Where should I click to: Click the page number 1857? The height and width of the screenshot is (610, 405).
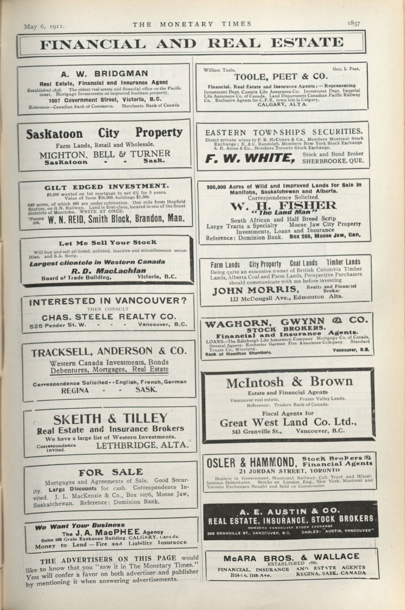click(x=354, y=24)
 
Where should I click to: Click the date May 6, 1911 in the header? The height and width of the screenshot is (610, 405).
click(x=44, y=27)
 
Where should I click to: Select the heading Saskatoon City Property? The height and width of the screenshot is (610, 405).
click(x=104, y=133)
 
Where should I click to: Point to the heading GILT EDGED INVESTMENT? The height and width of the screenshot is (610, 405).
click(x=106, y=187)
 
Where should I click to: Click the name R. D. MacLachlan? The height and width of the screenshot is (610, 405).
click(x=109, y=271)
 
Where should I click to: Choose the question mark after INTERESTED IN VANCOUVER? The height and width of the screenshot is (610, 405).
click(x=183, y=301)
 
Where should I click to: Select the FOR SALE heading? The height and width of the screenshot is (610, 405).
click(x=110, y=472)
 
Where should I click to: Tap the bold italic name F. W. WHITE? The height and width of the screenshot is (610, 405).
click(x=250, y=158)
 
